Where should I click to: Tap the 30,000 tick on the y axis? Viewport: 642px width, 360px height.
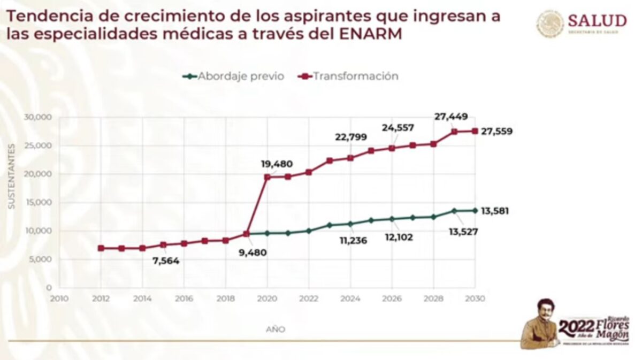[37, 117]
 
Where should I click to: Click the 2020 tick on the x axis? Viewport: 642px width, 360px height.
[266, 298]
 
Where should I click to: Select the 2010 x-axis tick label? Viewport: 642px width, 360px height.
[59, 298]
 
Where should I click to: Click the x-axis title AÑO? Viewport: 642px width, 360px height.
[276, 330]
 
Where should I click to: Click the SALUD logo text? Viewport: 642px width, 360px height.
[596, 20]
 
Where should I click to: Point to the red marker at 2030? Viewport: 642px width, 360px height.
[475, 131]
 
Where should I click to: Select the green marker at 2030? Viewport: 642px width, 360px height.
[475, 210]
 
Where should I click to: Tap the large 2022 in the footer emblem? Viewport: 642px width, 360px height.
[576, 326]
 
